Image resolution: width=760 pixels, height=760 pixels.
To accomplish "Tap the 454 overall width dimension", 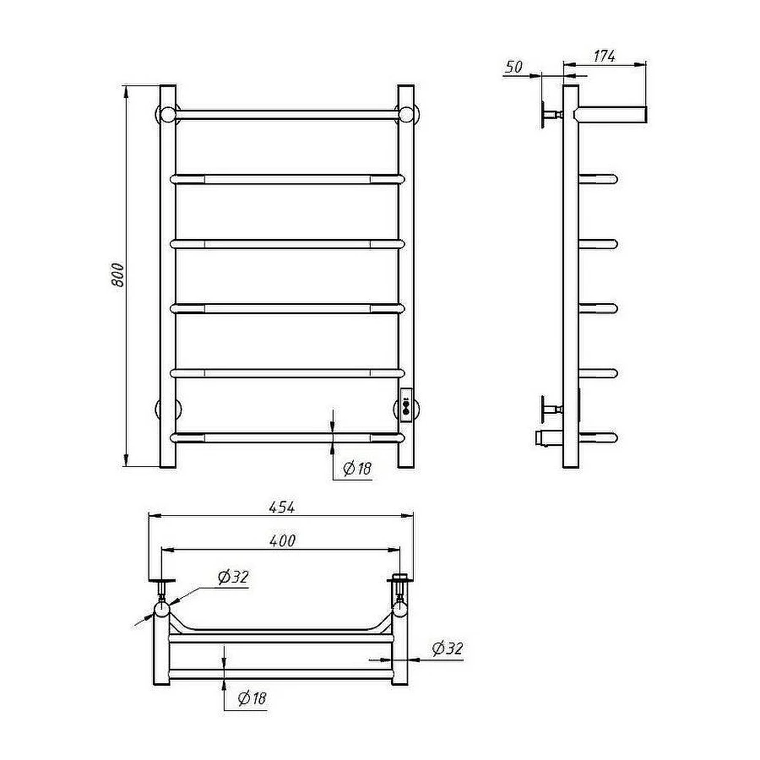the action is pos(281,507).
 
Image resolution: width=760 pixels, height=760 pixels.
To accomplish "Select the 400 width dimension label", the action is pos(281,540).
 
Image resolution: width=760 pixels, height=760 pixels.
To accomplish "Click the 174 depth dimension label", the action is pos(605,57).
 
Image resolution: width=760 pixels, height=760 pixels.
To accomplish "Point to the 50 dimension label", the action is pos(513,67).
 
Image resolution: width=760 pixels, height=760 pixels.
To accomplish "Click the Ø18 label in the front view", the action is pos(357,468).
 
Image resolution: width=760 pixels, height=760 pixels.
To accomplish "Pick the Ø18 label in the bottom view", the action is pos(252,698).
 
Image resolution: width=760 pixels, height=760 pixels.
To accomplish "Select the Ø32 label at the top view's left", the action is pos(233,577).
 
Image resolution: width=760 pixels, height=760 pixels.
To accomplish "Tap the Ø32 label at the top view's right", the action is pos(448,648).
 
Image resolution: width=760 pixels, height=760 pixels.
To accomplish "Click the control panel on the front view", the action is pos(406,407).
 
